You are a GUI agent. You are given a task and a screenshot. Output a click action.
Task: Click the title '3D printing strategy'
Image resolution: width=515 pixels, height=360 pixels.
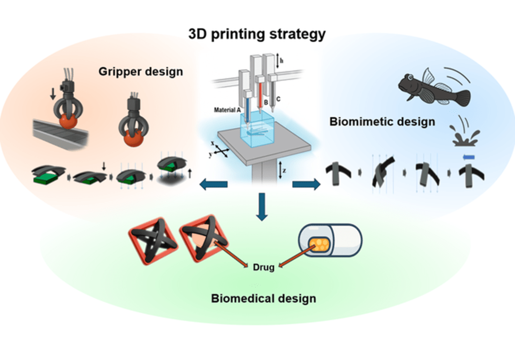pyautogui.click(x=257, y=34)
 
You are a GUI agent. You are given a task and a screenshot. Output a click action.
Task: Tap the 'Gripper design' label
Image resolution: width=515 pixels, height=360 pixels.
pyautogui.click(x=140, y=71)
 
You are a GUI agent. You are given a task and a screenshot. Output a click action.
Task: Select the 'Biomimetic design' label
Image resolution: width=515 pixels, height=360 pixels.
pyautogui.click(x=382, y=121)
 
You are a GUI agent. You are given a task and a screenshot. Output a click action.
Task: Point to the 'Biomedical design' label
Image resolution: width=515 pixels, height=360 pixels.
pyautogui.click(x=263, y=298)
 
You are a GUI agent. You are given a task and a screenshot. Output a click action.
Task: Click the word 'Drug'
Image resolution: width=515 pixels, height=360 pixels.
pyautogui.click(x=264, y=267)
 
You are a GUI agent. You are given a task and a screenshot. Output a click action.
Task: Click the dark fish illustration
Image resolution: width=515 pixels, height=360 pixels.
pyautogui.click(x=433, y=88)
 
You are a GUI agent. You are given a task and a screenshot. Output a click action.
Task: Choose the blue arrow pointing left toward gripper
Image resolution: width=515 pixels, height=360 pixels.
pyautogui.click(x=213, y=185)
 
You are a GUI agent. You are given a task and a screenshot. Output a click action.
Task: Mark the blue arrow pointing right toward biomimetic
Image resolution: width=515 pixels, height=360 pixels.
pyautogui.click(x=306, y=185)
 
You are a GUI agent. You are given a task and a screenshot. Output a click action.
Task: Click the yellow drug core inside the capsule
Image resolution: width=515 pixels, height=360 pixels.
pyautogui.click(x=317, y=244)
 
